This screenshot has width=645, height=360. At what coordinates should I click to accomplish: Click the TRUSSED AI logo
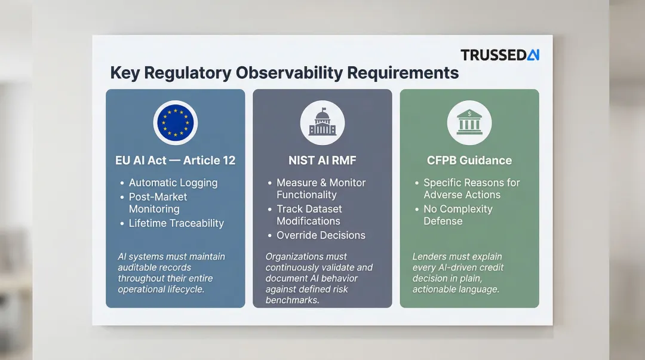500,55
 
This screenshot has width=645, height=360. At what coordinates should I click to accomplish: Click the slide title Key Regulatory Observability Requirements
284,73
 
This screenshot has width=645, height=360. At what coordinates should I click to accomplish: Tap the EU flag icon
175,122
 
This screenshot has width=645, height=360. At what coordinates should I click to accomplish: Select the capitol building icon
322,122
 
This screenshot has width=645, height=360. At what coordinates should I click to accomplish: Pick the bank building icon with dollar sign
469,122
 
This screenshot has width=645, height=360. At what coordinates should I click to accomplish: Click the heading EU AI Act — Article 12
175,160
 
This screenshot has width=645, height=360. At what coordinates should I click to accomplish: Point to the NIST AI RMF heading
322,160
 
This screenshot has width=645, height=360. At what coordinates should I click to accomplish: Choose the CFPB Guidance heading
469,160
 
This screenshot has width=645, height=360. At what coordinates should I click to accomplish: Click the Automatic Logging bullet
173,183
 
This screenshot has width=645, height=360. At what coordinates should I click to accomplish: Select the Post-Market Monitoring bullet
158,203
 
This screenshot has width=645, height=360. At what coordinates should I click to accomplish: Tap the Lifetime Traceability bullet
176,223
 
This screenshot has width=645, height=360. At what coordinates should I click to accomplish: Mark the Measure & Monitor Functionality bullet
321,189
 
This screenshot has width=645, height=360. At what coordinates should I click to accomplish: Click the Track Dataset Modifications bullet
309,215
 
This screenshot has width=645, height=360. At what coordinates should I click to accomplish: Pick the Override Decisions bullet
321,235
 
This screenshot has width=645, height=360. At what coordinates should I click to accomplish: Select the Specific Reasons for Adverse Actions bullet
471,189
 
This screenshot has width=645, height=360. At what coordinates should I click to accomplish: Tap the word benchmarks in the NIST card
291,300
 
